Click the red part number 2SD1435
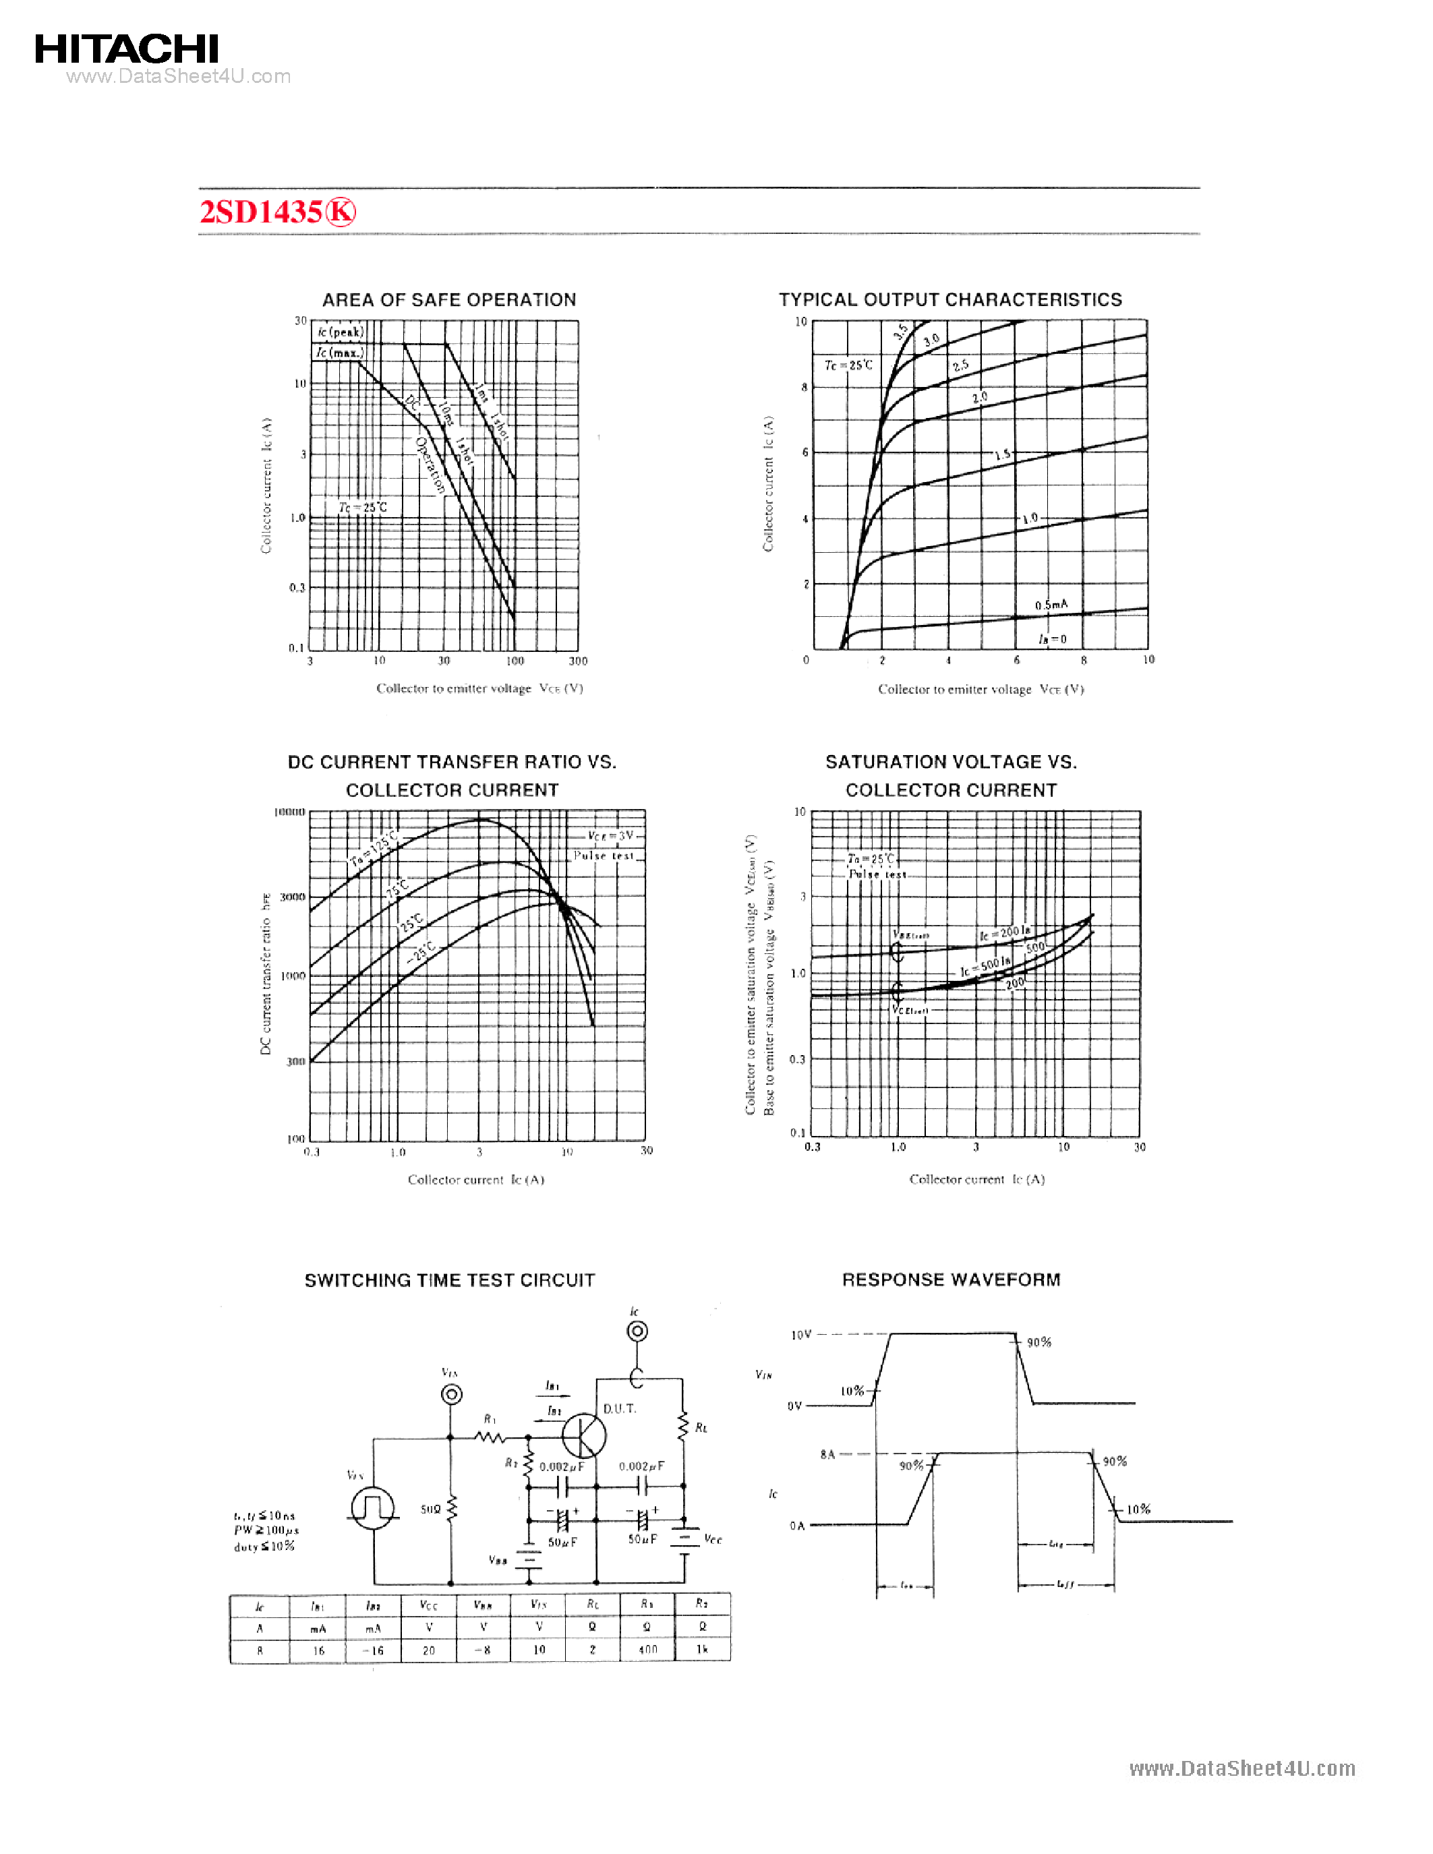click(260, 212)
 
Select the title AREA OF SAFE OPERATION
click(449, 299)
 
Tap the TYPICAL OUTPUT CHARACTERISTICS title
click(950, 299)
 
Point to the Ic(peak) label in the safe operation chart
click(341, 332)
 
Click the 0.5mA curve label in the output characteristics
click(1051, 605)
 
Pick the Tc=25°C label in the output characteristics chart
click(848, 365)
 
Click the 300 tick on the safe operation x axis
click(578, 661)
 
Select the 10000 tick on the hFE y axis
click(289, 812)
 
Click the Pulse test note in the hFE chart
click(604, 856)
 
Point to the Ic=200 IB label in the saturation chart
click(1004, 933)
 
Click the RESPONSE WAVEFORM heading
click(951, 1280)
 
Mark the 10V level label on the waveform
click(800, 1334)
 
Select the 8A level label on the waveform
click(827, 1454)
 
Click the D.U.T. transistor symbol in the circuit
click(584, 1435)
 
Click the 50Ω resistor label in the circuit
click(430, 1509)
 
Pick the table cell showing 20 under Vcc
click(429, 1650)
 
